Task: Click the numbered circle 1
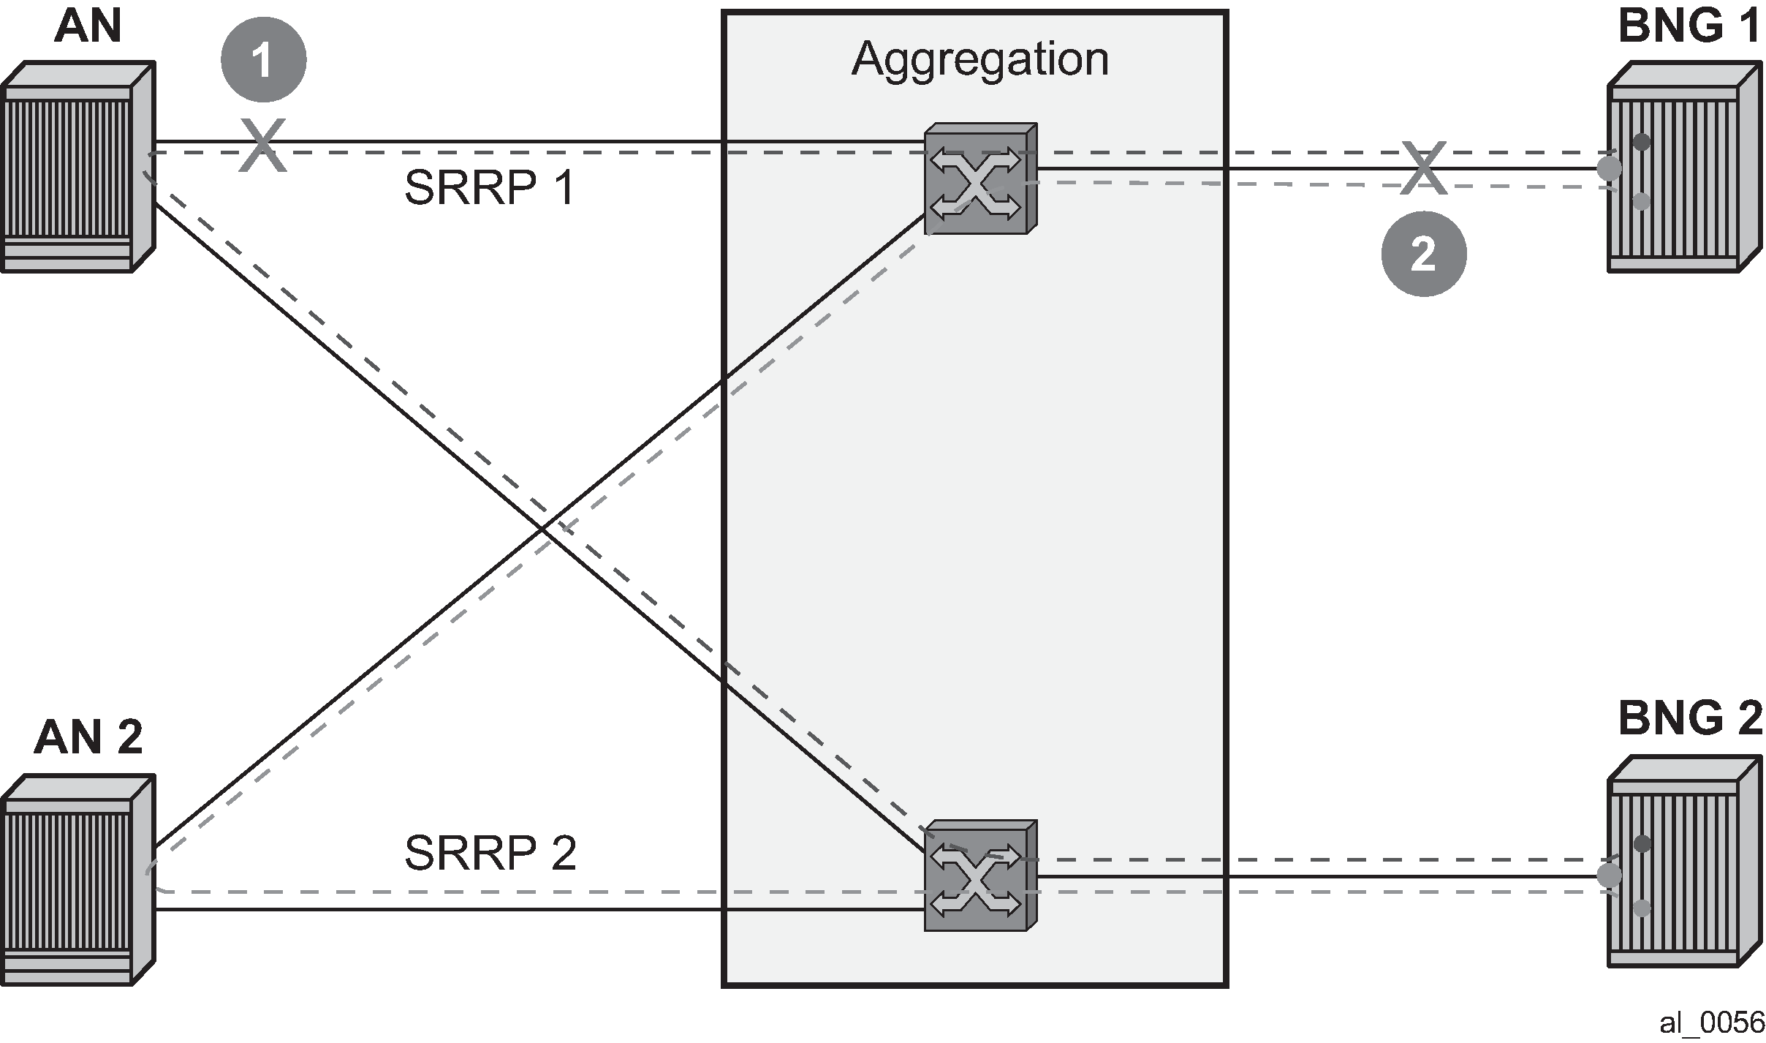[263, 59]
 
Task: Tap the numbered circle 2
[1423, 254]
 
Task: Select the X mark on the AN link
[262, 146]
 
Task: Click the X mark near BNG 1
[1423, 168]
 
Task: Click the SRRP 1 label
[490, 187]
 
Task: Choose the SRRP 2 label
[490, 852]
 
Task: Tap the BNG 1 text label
[1689, 27]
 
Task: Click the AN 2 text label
[88, 737]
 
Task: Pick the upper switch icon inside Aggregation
[980, 179]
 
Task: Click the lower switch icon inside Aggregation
[980, 876]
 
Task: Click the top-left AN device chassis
[78, 167]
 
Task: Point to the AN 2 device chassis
[78, 881]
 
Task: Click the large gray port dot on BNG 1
[1610, 169]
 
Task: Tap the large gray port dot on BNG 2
[1610, 876]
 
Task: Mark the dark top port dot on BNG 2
[1642, 844]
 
